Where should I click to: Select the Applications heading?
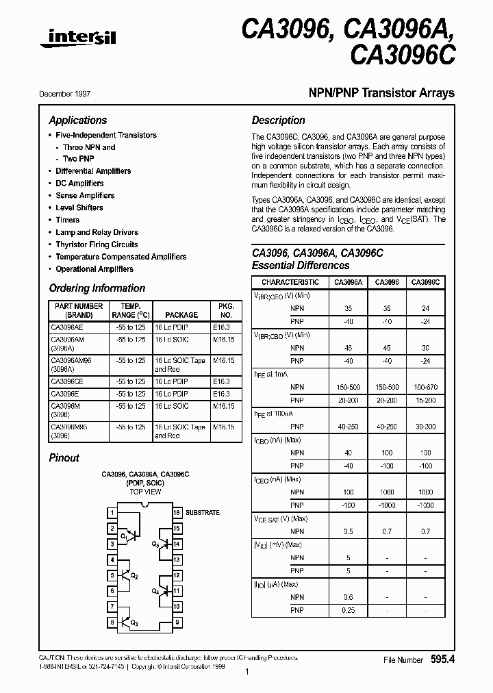pos(78,120)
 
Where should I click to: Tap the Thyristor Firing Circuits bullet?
pos(97,244)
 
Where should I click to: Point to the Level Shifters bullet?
pos(79,207)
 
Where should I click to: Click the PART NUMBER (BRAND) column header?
pos(78,310)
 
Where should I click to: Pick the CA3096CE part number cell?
pos(67,381)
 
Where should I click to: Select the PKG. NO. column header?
pos(225,310)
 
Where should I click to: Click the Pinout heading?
pos(64,457)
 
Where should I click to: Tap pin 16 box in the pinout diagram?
pos(176,512)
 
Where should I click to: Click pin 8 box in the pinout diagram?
pos(112,622)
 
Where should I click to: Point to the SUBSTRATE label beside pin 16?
pos(203,512)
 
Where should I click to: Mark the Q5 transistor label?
pos(155,544)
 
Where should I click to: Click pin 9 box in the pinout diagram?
pos(176,622)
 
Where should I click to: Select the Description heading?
pos(278,120)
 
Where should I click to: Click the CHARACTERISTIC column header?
pos(290,282)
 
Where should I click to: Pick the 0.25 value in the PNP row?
pos(349,609)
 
